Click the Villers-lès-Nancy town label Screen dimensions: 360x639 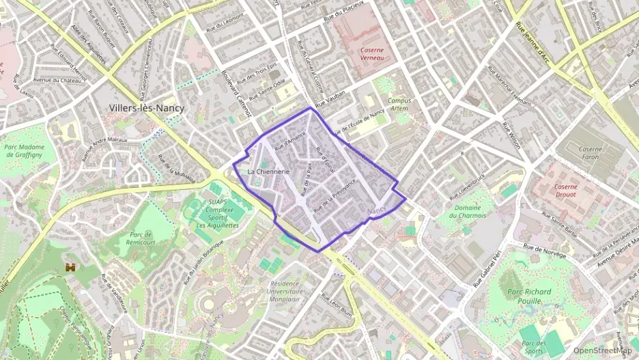[x=147, y=108]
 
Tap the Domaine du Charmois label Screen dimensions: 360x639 [x=468, y=211]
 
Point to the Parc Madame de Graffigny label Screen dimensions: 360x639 [x=24, y=150]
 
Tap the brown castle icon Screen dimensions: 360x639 [x=70, y=266]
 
